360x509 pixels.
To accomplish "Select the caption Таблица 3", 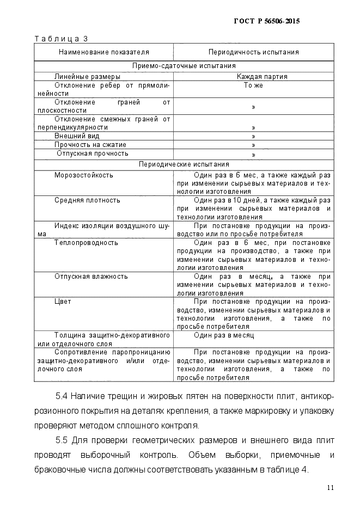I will (61, 39).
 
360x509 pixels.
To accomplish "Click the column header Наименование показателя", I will (103, 52).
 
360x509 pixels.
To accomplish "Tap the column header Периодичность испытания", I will (253, 52).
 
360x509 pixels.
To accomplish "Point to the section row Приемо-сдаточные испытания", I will (184, 66).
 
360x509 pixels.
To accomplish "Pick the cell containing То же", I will (253, 85).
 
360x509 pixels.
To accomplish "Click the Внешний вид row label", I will (77, 136).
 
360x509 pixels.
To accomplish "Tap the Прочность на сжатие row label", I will (90, 145).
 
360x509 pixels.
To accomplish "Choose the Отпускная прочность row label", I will (92, 154).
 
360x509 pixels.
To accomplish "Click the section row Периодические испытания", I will (184, 164).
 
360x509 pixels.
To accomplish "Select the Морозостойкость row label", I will (83, 175).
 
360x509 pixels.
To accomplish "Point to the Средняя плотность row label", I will (87, 200).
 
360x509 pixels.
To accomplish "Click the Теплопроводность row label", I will (86, 242).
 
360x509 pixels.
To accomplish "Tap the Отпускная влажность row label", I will (91, 276).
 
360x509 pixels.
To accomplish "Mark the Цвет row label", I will (63, 301).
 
